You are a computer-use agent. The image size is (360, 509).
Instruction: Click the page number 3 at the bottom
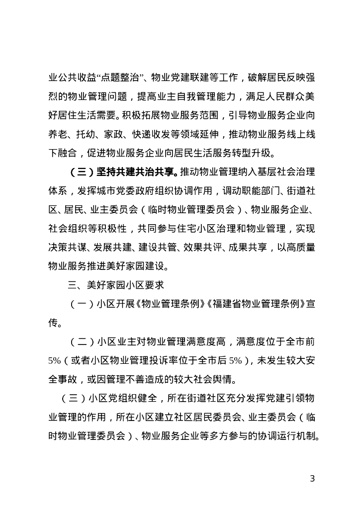312,479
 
